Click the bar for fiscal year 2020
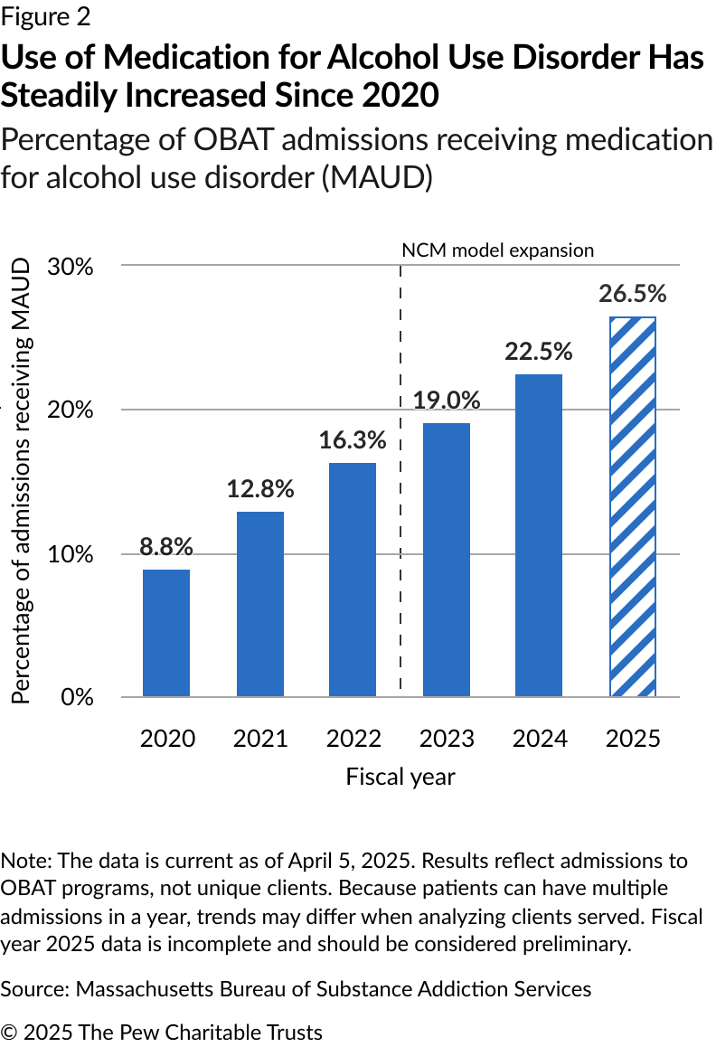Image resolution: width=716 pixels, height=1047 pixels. point(166,633)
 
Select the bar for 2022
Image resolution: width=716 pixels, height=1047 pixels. point(353,580)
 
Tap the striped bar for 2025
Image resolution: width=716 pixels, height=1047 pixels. point(632,507)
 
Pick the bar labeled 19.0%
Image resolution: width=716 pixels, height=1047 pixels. point(447,560)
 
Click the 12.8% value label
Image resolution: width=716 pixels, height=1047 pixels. point(259,489)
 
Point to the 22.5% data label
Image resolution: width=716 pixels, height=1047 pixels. point(539,352)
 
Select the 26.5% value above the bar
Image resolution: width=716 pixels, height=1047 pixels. point(632,294)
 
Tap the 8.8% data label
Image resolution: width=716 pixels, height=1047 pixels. point(166,547)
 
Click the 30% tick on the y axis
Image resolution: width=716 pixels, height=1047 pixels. point(71,267)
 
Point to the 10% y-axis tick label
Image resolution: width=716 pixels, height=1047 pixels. point(71,554)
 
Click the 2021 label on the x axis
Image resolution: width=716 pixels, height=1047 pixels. point(259,739)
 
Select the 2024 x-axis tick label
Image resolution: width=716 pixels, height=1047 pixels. point(539,739)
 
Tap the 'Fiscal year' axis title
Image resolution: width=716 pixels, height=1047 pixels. point(400,777)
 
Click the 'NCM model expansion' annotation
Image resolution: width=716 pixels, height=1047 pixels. point(497,250)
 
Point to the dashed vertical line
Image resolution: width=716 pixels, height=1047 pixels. point(400,542)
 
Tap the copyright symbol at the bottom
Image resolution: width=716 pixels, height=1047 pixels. point(8,1032)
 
